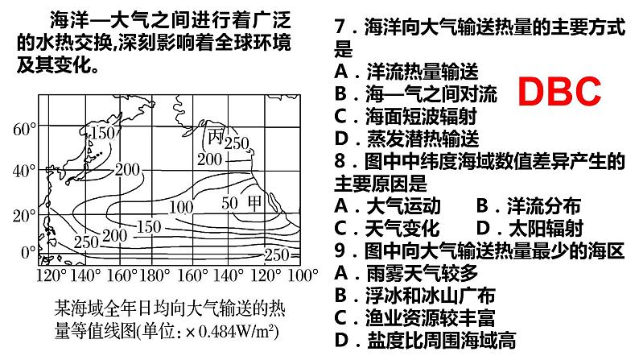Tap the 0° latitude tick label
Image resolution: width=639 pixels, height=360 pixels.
pos(27,253)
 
